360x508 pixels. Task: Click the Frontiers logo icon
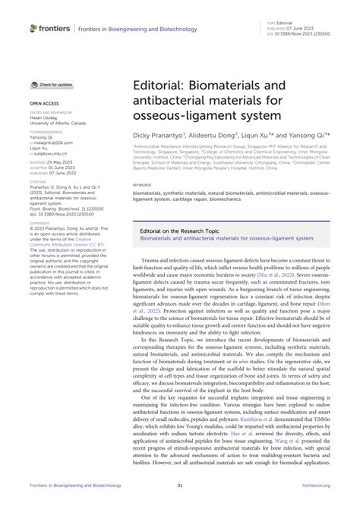tap(34, 28)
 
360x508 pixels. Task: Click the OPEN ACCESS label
tap(46, 102)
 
